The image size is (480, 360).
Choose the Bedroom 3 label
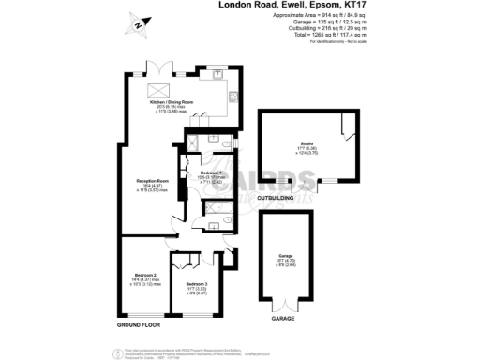tap(196, 284)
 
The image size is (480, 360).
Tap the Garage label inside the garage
tap(286, 256)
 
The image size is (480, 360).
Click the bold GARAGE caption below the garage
tap(284, 319)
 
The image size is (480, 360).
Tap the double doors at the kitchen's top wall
tap(156, 68)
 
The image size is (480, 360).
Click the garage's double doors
tap(284, 304)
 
